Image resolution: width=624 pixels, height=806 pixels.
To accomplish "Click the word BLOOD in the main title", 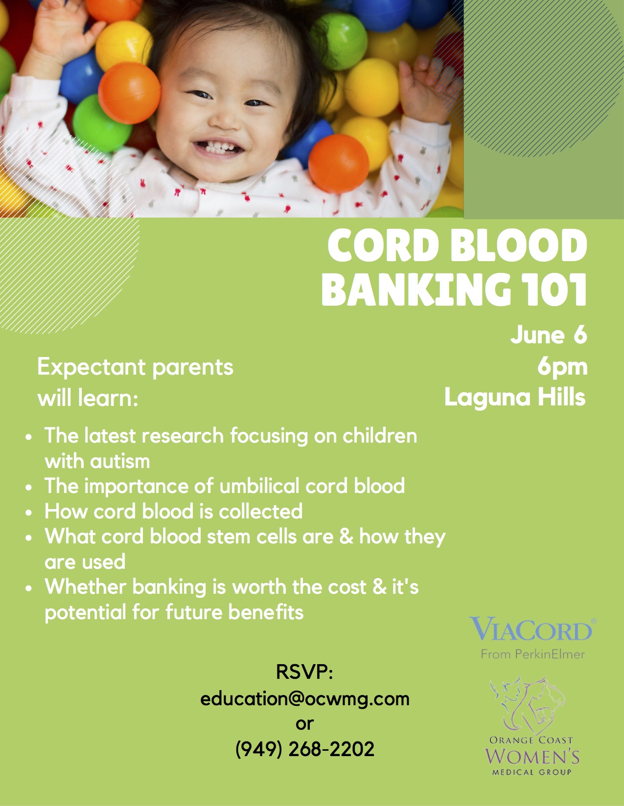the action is [519, 246].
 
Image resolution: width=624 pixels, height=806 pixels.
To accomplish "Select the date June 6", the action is [549, 335].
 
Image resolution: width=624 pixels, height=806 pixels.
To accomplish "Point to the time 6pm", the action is [562, 367].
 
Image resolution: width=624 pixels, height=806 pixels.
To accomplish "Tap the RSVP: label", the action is [304, 672].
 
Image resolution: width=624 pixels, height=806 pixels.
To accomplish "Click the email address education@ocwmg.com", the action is [305, 699].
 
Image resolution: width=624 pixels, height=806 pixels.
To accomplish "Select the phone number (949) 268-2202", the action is [305, 749].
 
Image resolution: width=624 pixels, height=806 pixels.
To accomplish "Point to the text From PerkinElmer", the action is [533, 654].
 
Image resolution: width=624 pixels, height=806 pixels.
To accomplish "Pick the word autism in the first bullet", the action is [120, 461].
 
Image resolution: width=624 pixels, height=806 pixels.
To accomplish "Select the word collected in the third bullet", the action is [260, 511].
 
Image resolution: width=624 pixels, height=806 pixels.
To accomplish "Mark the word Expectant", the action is [92, 368].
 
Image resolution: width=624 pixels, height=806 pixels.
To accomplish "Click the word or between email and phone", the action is [304, 724].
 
